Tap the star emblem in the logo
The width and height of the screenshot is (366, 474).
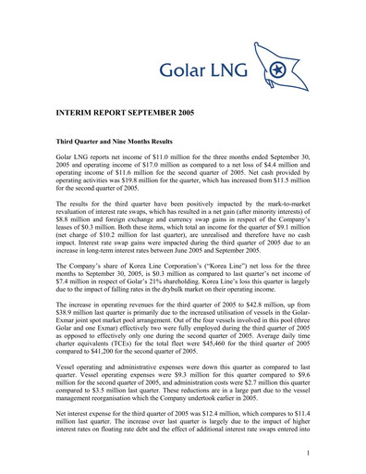(x=278, y=69)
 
